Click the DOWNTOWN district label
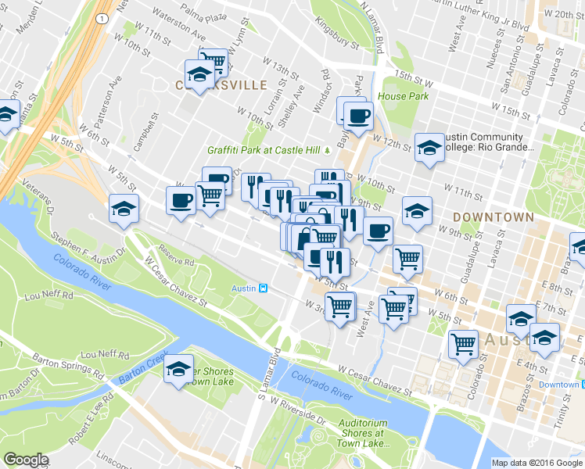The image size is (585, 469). [x=492, y=217]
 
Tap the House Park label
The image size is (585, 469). [x=404, y=96]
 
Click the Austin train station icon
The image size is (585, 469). [x=264, y=288]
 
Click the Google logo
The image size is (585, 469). [x=26, y=460]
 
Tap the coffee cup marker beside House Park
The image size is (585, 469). [x=358, y=116]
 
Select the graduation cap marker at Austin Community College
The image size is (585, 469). [x=429, y=147]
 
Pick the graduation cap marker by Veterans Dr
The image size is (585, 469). [x=124, y=209]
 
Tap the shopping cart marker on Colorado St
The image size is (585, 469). [x=464, y=343]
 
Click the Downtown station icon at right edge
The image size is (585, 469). [x=581, y=385]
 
